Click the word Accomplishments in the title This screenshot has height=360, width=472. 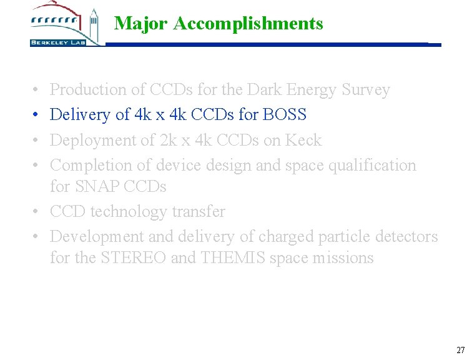click(x=248, y=24)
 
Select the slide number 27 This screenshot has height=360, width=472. click(x=461, y=350)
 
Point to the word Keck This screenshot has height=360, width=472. click(x=303, y=140)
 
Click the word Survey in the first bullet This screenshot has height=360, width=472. click(x=365, y=90)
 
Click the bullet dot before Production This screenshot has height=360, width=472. click(x=37, y=91)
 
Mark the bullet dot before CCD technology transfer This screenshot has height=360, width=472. click(x=37, y=212)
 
